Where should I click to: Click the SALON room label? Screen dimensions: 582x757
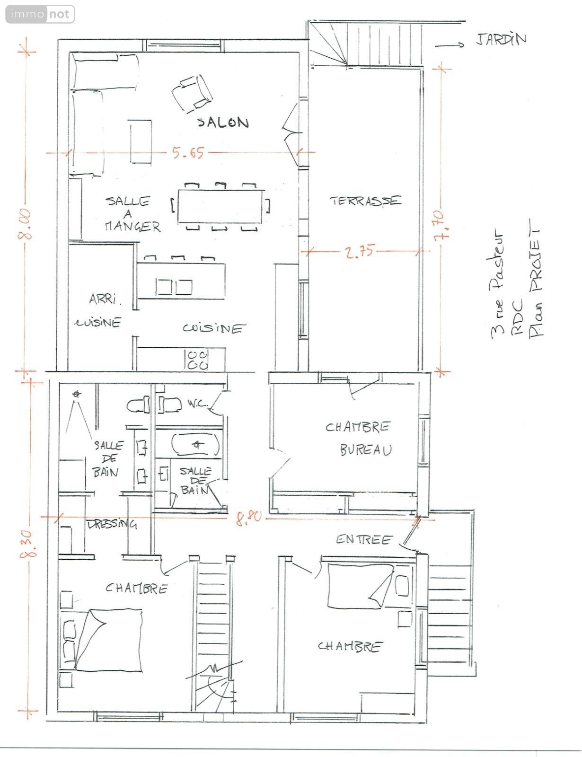click(x=223, y=122)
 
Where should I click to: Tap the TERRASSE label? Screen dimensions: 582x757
click(x=365, y=201)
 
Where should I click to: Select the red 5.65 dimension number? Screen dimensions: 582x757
click(x=188, y=153)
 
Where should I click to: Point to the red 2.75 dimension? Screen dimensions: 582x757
click(x=359, y=251)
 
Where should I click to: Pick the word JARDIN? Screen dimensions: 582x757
click(x=501, y=39)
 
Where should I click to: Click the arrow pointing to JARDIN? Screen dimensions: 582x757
click(x=450, y=45)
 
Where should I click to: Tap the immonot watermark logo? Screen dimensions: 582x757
click(x=40, y=14)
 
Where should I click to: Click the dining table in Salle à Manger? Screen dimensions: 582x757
click(x=221, y=206)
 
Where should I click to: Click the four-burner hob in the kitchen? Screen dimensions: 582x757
click(x=197, y=360)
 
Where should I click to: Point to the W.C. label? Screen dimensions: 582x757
click(x=197, y=404)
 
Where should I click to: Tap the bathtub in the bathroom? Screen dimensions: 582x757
click(x=195, y=444)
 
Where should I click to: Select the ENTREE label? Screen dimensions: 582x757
click(x=364, y=540)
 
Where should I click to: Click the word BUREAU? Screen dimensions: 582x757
click(x=366, y=450)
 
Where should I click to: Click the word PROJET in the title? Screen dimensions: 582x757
click(x=535, y=260)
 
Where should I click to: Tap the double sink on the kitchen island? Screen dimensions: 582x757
click(x=174, y=287)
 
